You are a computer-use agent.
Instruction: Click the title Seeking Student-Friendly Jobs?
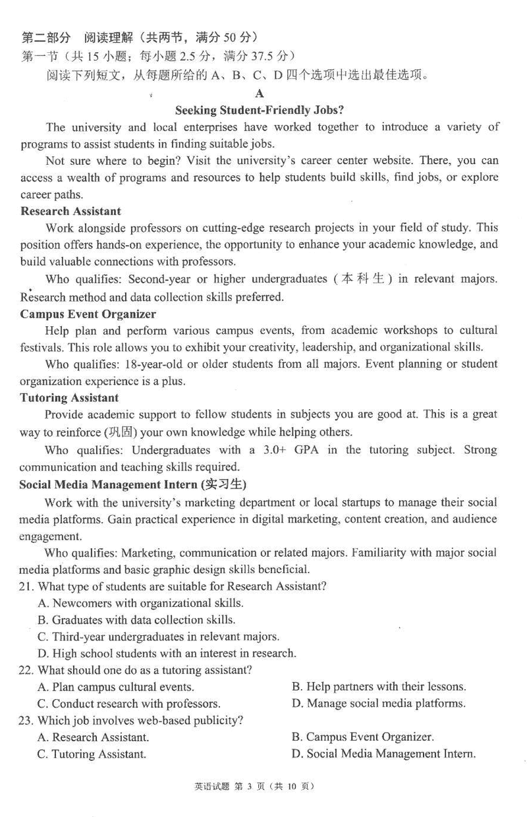point(260,110)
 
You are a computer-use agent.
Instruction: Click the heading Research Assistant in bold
point(70,211)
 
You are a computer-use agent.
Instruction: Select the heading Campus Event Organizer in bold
point(88,314)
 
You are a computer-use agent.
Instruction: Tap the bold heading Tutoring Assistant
point(69,397)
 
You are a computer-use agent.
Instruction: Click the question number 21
point(27,586)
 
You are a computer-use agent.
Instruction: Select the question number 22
point(27,670)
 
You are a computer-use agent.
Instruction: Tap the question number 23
point(27,720)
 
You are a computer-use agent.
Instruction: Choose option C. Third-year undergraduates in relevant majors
point(158,636)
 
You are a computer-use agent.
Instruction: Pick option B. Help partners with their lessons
point(379,687)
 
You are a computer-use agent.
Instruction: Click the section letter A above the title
point(260,94)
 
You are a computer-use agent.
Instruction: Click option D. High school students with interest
point(167,653)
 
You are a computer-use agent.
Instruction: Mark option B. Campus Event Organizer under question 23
point(362,737)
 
